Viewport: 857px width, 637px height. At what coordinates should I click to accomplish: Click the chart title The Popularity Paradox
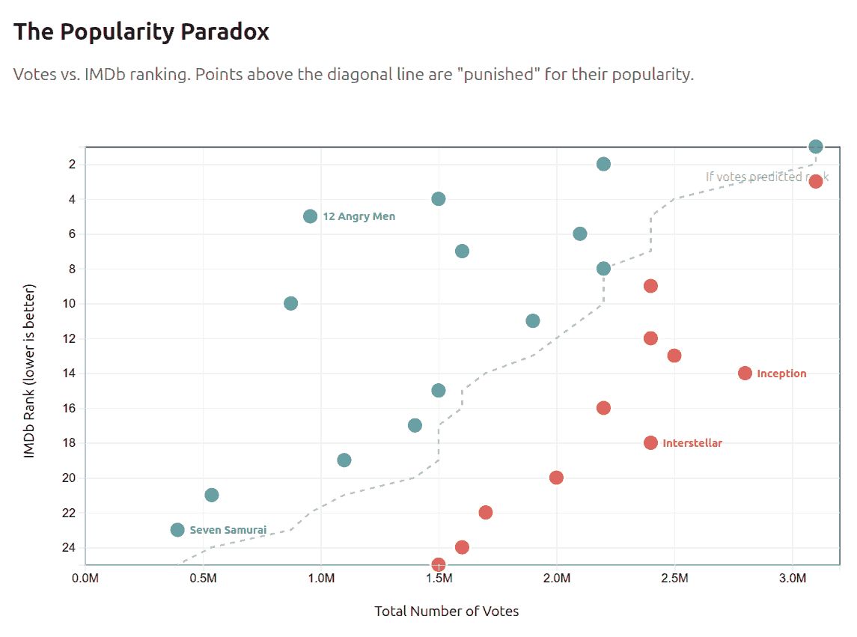tap(141, 31)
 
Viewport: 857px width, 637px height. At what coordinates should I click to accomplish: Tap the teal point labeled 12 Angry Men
tap(311, 216)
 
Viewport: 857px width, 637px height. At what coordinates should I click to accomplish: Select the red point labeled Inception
tap(745, 373)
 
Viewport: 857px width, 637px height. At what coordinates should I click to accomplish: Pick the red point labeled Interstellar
tap(650, 442)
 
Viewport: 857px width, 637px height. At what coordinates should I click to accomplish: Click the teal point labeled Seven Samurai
tap(177, 530)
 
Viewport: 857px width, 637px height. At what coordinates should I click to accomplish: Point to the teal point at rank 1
tap(816, 147)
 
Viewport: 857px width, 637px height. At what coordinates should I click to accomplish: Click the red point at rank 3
tap(816, 181)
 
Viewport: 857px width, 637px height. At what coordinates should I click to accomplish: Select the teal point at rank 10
tap(291, 303)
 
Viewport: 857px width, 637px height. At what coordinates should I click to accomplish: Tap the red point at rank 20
tap(556, 478)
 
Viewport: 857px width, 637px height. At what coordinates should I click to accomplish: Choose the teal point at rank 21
tap(212, 495)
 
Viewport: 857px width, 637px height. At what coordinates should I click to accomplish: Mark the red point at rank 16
tap(603, 408)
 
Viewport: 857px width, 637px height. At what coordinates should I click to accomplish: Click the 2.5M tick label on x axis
tap(674, 579)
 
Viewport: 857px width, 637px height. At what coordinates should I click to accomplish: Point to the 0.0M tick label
tap(85, 579)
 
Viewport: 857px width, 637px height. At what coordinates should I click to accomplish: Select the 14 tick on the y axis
tap(70, 373)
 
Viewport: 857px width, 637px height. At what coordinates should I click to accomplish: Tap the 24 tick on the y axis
tap(70, 547)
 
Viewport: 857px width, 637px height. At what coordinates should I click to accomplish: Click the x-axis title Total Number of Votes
tap(447, 611)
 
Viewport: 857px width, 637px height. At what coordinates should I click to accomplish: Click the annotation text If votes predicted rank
tap(766, 177)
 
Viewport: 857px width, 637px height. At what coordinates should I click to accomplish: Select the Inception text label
tap(781, 373)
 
